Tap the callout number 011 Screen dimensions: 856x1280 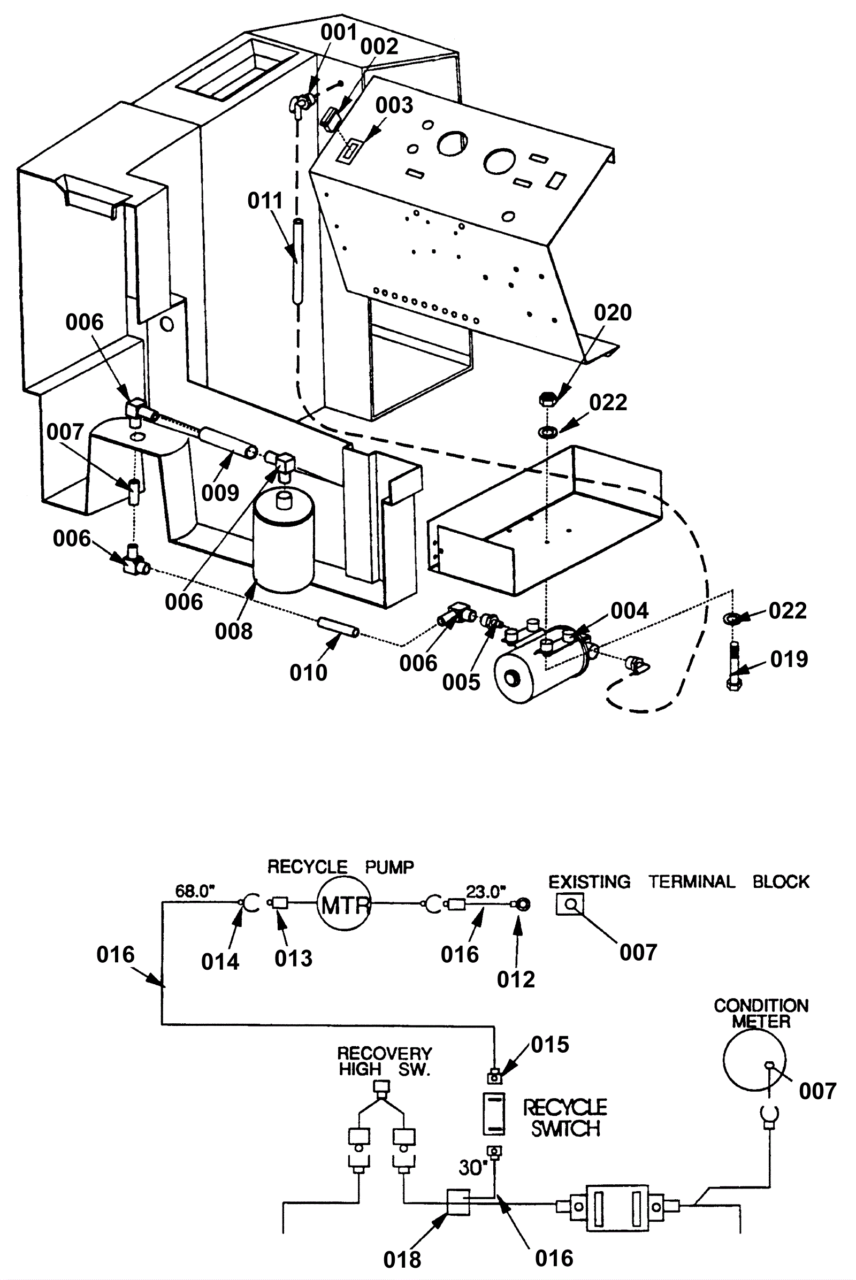[265, 201]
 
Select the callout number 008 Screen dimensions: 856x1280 [234, 632]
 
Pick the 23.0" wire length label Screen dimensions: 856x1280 [485, 891]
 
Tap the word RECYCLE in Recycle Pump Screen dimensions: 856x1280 [307, 867]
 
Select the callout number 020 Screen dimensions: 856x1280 [613, 313]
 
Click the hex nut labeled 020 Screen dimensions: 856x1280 [547, 399]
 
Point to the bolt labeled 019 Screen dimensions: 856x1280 [733, 666]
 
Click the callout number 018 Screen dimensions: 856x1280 [402, 1259]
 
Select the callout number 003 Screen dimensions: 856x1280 [394, 105]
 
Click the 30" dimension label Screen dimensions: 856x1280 [473, 1168]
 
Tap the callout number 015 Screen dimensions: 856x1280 [551, 1045]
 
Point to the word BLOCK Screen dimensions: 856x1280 [781, 882]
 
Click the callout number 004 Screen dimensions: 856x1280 [630, 611]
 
